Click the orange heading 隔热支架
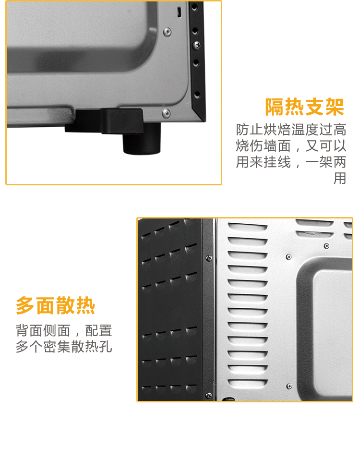click(x=304, y=107)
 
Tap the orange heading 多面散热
click(x=55, y=305)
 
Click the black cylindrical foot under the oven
click(x=142, y=138)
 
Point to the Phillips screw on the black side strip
click(x=196, y=45)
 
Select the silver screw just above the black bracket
click(x=166, y=113)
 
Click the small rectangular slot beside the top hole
click(x=179, y=12)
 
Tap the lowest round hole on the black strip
click(x=197, y=95)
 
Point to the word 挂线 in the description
click(x=277, y=162)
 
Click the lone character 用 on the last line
click(x=340, y=178)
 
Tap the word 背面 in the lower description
click(x=29, y=330)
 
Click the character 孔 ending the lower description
click(x=106, y=347)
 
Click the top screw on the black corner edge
click(x=209, y=258)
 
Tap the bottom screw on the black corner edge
click(x=209, y=395)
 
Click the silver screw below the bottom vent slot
click(x=289, y=387)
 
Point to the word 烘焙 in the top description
click(x=277, y=129)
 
